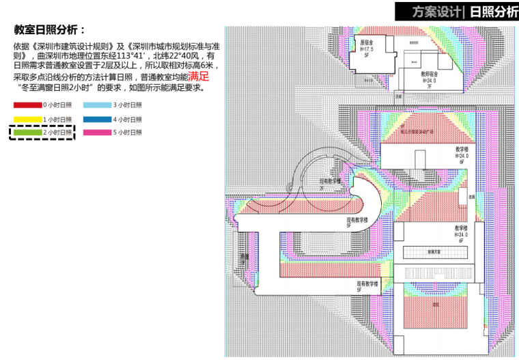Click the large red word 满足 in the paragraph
199,77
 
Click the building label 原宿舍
367,42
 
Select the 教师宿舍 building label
430,72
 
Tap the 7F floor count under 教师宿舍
430,86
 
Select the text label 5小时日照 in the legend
127,132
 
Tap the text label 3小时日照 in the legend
127,106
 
